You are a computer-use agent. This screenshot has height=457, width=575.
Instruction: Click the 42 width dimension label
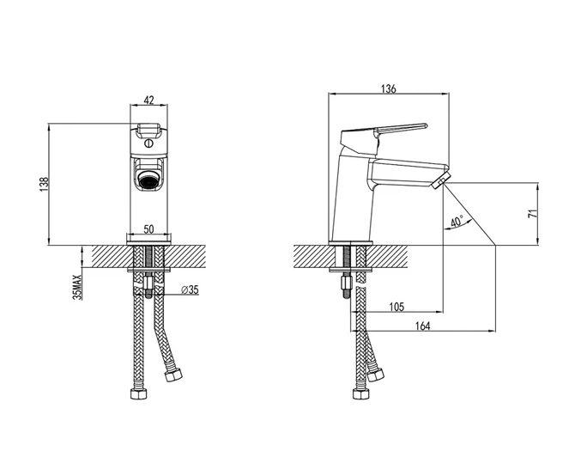coord(148,100)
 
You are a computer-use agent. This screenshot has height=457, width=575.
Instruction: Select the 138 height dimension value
coord(44,185)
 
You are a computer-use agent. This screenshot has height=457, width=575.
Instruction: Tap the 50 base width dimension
coord(148,229)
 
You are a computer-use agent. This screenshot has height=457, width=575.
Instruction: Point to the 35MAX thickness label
coord(78,287)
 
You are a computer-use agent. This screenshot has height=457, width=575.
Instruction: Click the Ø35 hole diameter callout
coord(190,290)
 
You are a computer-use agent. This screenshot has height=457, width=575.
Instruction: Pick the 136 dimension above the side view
coord(389,88)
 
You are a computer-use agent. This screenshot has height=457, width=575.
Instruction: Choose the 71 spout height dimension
coord(532,213)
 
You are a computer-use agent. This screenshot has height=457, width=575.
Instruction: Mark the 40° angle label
coord(457,222)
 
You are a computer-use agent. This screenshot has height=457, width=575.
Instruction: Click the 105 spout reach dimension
coord(396,307)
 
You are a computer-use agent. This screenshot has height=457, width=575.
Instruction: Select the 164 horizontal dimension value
coord(422,326)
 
